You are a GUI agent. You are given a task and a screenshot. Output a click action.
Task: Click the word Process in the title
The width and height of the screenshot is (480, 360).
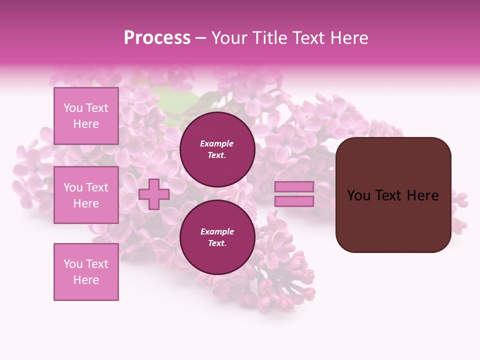tap(157, 38)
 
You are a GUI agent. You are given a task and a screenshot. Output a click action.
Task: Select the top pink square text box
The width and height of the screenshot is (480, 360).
tap(86, 116)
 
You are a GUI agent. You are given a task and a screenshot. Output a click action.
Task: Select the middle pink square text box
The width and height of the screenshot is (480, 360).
tap(86, 195)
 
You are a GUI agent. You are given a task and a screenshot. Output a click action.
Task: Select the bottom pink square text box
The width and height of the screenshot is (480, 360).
tap(86, 272)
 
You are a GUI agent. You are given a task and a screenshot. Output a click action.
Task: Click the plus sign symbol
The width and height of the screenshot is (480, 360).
tap(154, 194)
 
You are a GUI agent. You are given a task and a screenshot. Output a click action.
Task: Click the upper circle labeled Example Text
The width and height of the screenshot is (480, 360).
tap(217, 149)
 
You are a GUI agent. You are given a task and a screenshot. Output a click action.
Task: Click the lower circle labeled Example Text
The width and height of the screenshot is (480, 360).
tap(217, 237)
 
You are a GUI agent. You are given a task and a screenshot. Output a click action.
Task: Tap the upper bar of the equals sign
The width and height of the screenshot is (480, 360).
tap(294, 187)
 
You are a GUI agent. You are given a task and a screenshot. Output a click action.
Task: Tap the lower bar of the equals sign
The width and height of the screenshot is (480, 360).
tap(294, 201)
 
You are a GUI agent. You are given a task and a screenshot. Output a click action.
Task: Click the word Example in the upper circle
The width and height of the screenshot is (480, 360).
tap(217, 143)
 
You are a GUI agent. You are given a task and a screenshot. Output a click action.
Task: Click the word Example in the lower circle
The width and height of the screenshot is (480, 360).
tap(217, 231)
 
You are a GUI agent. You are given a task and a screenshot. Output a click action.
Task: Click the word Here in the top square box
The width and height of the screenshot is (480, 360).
tap(86, 124)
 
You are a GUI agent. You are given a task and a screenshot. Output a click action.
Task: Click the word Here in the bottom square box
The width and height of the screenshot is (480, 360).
tap(86, 280)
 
